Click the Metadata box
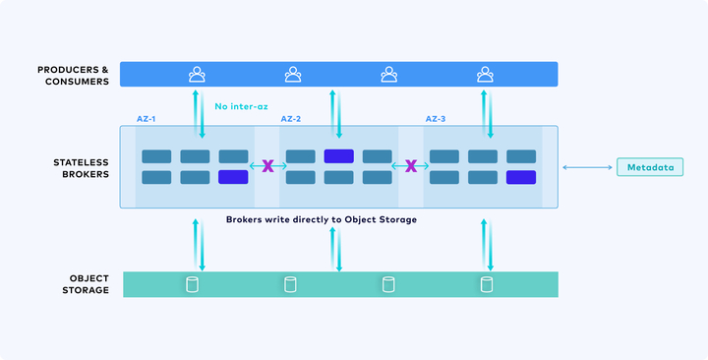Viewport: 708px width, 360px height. [650, 167]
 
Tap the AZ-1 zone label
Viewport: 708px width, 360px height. [147, 119]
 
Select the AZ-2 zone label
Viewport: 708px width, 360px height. [291, 119]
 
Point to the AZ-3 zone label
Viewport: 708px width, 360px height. [436, 119]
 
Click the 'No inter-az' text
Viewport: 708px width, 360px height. [241, 106]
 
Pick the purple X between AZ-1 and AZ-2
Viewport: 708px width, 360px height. [267, 166]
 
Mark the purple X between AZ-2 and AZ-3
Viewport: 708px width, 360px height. [411, 166]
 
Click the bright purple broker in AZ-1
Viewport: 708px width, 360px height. [233, 177]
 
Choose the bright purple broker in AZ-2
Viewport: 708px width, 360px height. [338, 156]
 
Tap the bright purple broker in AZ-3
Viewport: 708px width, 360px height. [521, 177]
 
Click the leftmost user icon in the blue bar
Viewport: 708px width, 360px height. [197, 74]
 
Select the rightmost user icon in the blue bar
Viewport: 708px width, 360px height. [485, 74]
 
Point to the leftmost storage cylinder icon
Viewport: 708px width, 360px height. [193, 284]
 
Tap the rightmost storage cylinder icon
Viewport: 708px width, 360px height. [487, 284]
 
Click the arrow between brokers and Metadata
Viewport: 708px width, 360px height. [587, 167]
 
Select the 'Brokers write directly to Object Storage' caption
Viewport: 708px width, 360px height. [322, 220]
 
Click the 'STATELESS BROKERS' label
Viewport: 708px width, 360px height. [82, 168]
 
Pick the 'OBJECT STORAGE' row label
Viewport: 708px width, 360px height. [86, 284]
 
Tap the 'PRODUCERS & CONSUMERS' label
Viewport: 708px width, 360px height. [73, 76]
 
